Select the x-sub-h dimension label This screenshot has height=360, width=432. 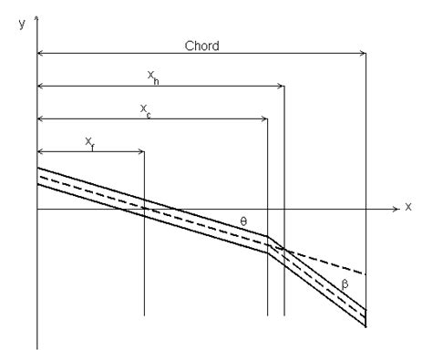pos(154,78)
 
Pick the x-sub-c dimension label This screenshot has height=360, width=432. pos(146,109)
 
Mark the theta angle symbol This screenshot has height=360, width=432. pos(243,221)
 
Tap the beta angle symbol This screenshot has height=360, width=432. pos(345,283)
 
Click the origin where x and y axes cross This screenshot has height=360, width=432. pos(37,208)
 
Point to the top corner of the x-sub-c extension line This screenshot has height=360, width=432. pos(267,118)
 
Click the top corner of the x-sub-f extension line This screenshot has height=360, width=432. pos(144,150)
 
